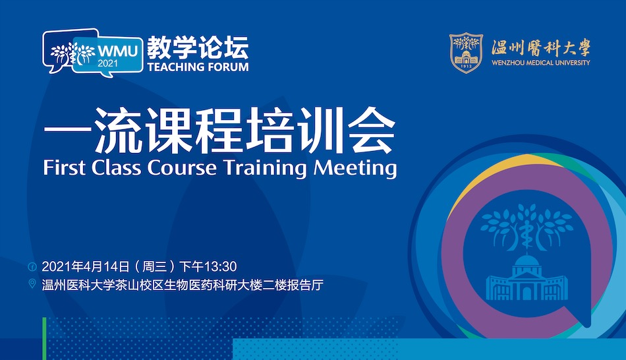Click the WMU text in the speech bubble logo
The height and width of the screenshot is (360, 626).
coord(118,51)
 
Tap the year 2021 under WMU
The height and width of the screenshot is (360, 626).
coord(108,63)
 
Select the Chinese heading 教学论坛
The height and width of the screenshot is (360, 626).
coord(198,47)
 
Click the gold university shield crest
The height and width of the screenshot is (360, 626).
coord(466,53)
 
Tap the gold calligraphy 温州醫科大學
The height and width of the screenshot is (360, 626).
coord(541,48)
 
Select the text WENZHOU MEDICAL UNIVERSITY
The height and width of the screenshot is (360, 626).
coord(541,63)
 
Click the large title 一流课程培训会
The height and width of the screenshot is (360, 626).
coord(219,130)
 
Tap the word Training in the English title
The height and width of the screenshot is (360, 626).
coord(265,168)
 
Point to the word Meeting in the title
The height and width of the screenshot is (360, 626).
coord(355,168)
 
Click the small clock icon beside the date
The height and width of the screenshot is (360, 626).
coord(32,266)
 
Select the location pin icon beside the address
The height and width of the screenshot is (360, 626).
coord(32,284)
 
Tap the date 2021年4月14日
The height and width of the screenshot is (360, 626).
coord(86,266)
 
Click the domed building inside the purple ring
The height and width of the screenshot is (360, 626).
coord(527,278)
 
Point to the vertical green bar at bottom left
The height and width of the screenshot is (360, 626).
coord(44,339)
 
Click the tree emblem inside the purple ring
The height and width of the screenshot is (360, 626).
coord(526,227)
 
